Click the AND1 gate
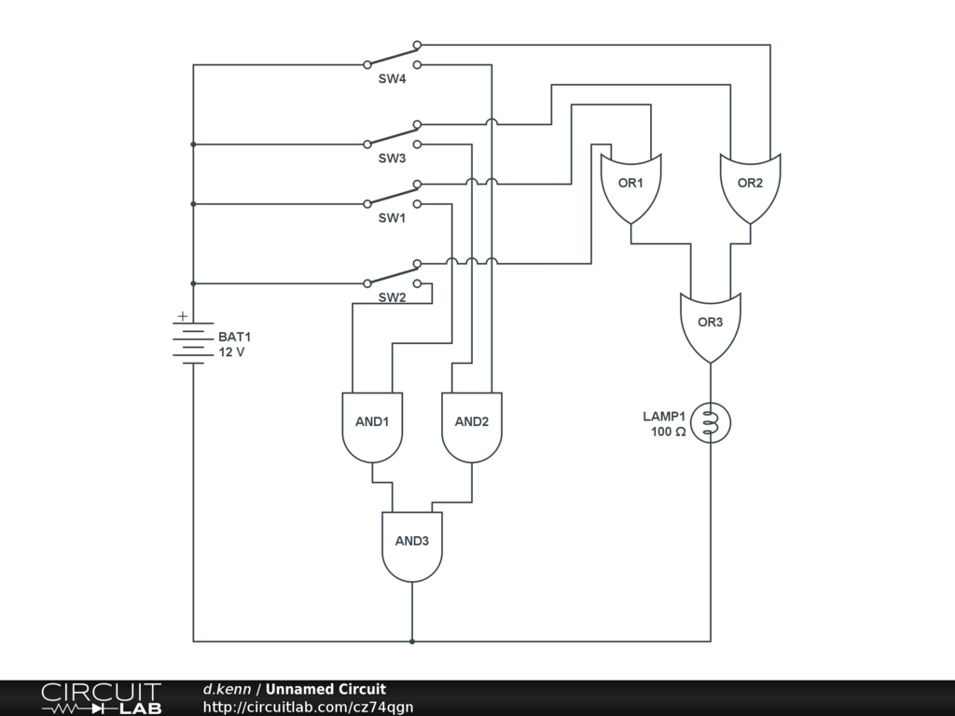[x=372, y=427]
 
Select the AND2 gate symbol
[x=472, y=427]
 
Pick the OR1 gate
[x=631, y=188]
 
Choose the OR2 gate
[x=751, y=188]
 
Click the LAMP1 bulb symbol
[x=711, y=422]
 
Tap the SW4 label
[x=393, y=79]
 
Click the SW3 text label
[x=393, y=158]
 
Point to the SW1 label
[x=393, y=218]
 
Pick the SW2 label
[x=393, y=297]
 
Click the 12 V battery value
[x=231, y=352]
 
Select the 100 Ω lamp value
[x=668, y=432]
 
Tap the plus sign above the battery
[x=183, y=316]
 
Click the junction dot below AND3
[x=412, y=641]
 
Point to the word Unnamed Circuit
[x=325, y=689]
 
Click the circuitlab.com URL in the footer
[x=308, y=707]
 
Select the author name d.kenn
[x=227, y=689]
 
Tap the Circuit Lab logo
[x=102, y=698]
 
